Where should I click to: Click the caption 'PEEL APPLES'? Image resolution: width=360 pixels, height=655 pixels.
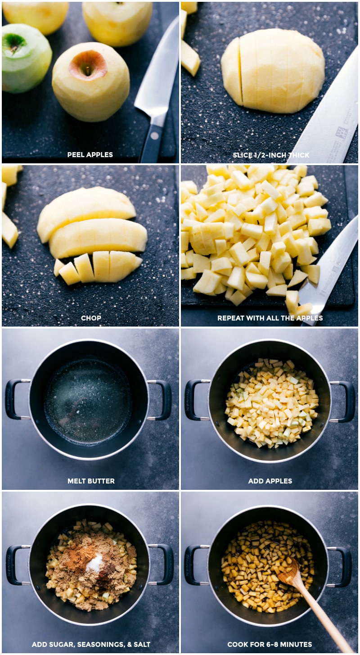pyautogui.click(x=90, y=155)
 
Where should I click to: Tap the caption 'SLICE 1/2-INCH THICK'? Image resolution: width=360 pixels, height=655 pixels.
pyautogui.click(x=271, y=155)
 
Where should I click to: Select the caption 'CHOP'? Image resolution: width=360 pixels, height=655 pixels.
pyautogui.click(x=91, y=318)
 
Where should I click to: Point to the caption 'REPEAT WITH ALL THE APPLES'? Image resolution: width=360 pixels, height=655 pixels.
pyautogui.click(x=270, y=318)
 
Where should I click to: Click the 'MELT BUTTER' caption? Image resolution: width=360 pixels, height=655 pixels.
pyautogui.click(x=91, y=481)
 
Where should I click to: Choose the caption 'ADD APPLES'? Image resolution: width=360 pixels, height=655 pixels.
pyautogui.click(x=270, y=481)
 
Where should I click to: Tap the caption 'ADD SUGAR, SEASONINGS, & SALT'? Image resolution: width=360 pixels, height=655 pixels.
pyautogui.click(x=91, y=645)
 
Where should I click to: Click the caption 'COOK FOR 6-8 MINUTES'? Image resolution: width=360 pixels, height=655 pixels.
pyautogui.click(x=270, y=645)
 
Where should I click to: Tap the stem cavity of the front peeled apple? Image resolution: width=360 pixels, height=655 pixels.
pyautogui.click(x=88, y=65)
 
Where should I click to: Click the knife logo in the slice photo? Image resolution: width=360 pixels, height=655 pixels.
pyautogui.click(x=341, y=134)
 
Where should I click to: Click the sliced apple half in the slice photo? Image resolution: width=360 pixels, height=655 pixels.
pyautogui.click(x=273, y=71)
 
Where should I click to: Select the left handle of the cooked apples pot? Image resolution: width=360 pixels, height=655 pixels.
pyautogui.click(x=195, y=565)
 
